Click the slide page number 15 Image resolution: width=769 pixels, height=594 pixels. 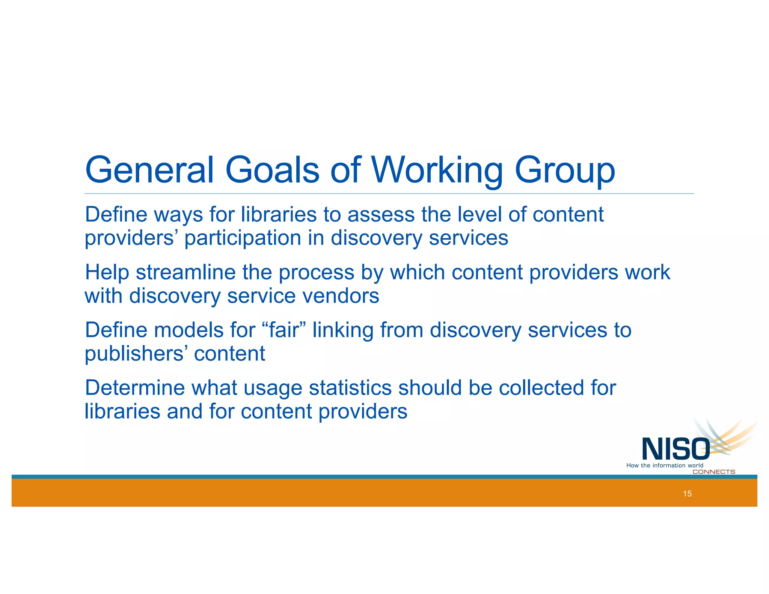click(687, 494)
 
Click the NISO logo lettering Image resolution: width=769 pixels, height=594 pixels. click(676, 449)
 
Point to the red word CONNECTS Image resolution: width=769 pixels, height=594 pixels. click(713, 472)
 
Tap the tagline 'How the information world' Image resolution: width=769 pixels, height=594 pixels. click(665, 466)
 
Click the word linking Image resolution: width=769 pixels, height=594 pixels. click(343, 331)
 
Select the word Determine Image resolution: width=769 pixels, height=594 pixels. click(135, 388)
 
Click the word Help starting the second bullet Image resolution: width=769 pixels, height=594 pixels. click(107, 273)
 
